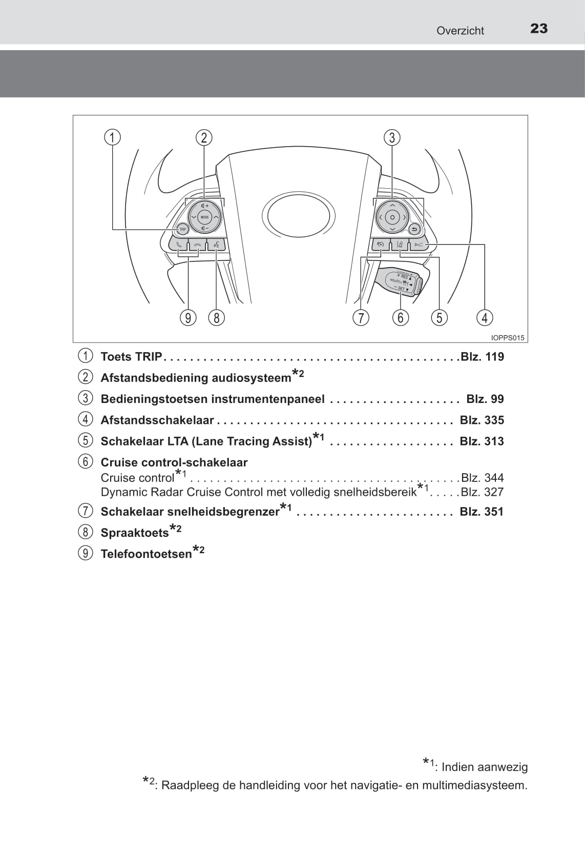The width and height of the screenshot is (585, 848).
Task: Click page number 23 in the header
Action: pyautogui.click(x=539, y=29)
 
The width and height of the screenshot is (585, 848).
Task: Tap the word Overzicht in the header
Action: pyautogui.click(x=460, y=31)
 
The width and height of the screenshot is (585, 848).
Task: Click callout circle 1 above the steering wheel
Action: pyautogui.click(x=112, y=137)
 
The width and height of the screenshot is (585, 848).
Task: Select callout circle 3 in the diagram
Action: pyautogui.click(x=392, y=137)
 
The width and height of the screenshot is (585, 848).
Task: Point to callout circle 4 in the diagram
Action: pyautogui.click(x=484, y=318)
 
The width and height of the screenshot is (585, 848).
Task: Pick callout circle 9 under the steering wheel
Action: pyautogui.click(x=188, y=318)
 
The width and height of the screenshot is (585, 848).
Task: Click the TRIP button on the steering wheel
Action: pyautogui.click(x=182, y=229)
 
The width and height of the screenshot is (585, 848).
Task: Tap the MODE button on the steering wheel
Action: pyautogui.click(x=204, y=217)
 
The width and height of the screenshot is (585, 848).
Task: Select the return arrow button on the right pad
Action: pyautogui.click(x=414, y=229)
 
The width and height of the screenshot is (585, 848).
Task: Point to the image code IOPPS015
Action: pyautogui.click(x=508, y=338)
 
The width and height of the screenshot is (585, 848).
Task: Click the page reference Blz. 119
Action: pyautogui.click(x=482, y=357)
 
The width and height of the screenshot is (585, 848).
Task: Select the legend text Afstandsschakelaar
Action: pyautogui.click(x=157, y=420)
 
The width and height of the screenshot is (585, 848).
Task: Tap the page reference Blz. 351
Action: pyautogui.click(x=482, y=512)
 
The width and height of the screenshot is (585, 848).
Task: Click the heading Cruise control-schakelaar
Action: pyautogui.click(x=174, y=462)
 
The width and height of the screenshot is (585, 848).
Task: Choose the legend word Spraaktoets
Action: pyautogui.click(x=135, y=533)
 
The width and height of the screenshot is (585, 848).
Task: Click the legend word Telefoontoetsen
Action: pyautogui.click(x=146, y=554)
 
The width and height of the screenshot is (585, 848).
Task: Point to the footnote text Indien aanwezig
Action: pyautogui.click(x=484, y=767)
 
